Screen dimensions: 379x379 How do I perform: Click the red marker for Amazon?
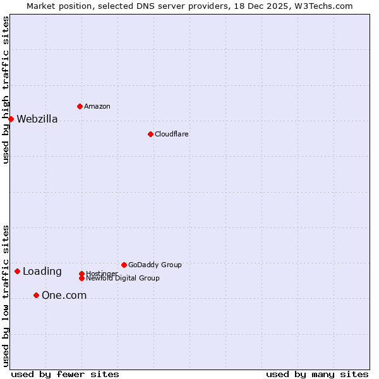point(80,106)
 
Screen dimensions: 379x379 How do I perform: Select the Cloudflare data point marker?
point(150,134)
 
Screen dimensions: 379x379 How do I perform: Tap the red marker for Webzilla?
point(11,119)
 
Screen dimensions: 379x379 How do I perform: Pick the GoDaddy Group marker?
point(124,265)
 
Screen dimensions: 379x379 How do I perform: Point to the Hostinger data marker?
point(81,274)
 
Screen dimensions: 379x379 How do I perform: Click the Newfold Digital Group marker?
point(81,278)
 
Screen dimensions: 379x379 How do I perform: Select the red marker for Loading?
point(17,271)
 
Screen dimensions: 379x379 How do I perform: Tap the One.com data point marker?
point(36,295)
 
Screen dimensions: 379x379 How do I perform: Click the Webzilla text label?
point(37,119)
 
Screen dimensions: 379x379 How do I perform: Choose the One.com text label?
point(64,296)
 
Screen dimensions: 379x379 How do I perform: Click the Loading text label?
point(42,272)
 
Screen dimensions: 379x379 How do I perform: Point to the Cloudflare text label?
point(171,134)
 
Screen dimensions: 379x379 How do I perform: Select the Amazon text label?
point(97,106)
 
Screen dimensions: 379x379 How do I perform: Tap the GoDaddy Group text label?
point(155,265)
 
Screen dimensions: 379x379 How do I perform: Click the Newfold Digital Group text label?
point(123,279)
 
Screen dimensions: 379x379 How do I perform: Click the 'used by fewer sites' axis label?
point(65,374)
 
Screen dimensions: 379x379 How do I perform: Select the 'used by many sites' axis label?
point(317,374)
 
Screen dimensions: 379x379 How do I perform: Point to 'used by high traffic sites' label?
point(6,90)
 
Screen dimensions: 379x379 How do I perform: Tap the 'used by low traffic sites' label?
point(6,296)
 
